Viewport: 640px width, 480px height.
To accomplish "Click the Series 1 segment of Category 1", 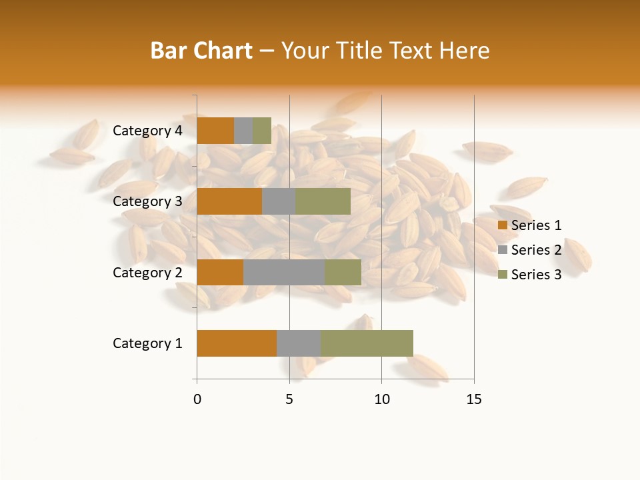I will (x=237, y=343).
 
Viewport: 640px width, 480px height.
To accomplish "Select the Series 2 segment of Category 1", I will (x=299, y=343).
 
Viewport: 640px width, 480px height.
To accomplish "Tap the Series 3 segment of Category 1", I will (x=367, y=343).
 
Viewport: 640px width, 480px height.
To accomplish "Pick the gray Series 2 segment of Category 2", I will (x=284, y=272).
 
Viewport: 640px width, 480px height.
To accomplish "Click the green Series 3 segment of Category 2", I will (x=343, y=272).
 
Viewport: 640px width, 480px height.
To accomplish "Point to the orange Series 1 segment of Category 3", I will (x=229, y=201).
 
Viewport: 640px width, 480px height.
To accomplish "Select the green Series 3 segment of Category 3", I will (x=323, y=201).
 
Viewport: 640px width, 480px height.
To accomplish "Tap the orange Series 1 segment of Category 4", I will (x=215, y=131).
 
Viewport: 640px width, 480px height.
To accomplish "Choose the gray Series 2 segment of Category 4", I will (x=243, y=131).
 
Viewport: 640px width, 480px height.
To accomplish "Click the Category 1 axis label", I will (x=147, y=343).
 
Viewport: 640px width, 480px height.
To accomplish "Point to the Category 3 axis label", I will (x=147, y=201).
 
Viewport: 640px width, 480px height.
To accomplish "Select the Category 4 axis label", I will (x=147, y=131).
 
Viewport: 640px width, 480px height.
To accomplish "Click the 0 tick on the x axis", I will (x=197, y=399).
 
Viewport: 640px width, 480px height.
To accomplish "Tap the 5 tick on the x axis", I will (x=289, y=399).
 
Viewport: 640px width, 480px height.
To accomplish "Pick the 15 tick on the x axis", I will (x=474, y=399).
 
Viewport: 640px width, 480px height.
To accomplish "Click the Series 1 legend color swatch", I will (x=503, y=226).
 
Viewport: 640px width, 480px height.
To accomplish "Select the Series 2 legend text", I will (x=536, y=250).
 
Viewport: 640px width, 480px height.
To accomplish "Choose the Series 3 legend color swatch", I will (x=503, y=275).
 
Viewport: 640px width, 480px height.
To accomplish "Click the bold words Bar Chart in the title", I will (x=201, y=51).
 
